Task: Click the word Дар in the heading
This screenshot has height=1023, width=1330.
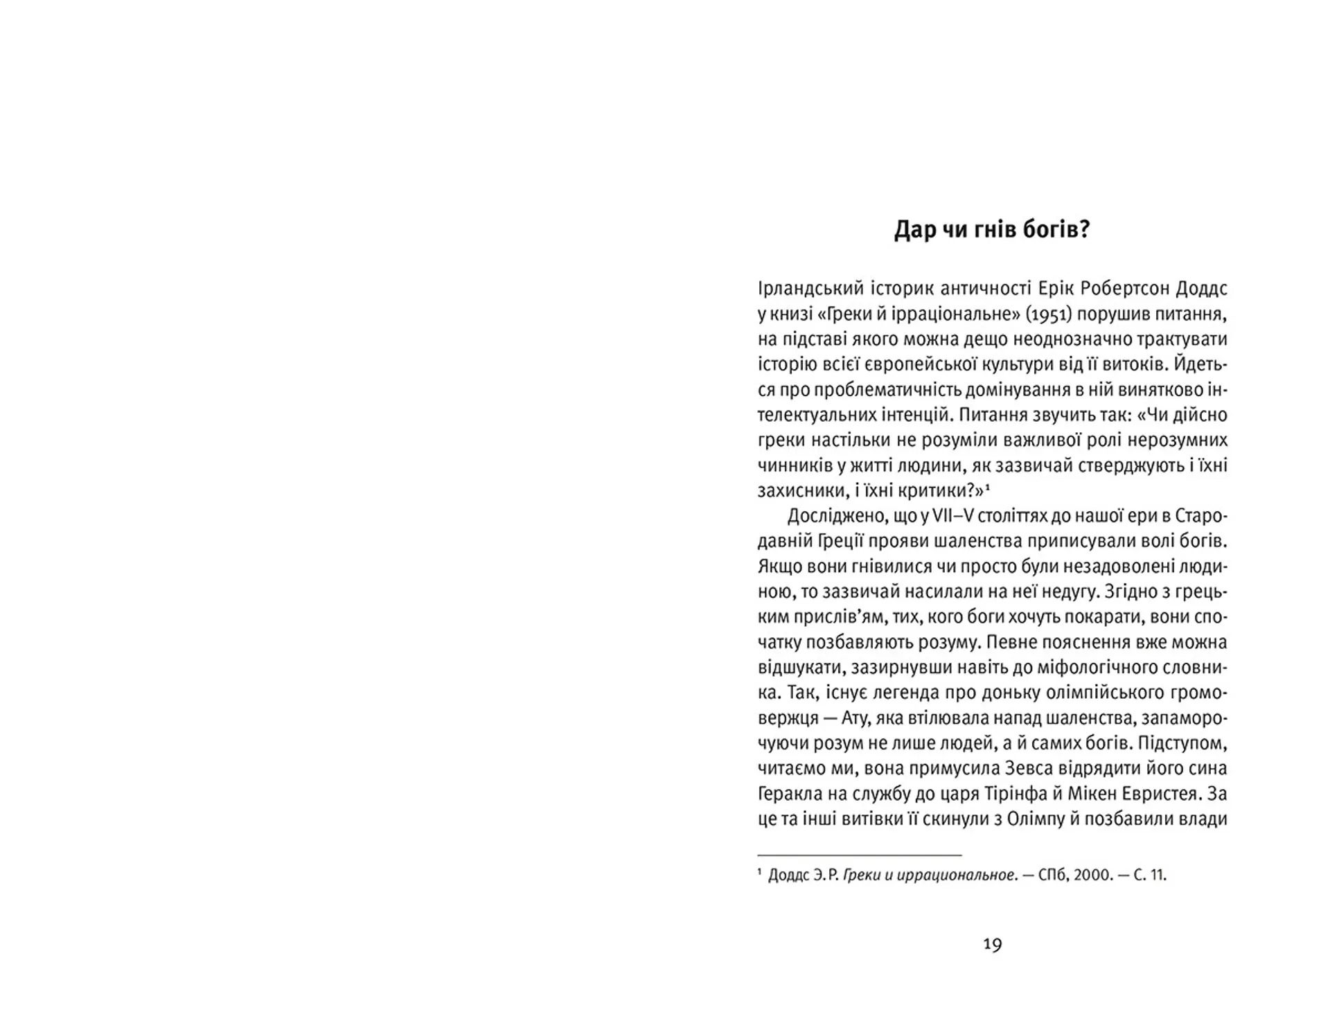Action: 914,230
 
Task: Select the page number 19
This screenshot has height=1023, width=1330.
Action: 992,944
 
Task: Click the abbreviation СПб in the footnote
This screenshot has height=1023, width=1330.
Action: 1053,875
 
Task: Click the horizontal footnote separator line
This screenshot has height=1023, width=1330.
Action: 860,856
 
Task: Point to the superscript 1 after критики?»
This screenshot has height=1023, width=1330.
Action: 987,487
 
